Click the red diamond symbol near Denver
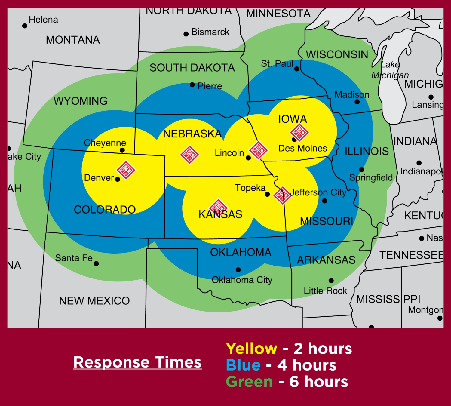tap(126, 170)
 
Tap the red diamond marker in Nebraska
tap(189, 155)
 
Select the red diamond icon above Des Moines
tap(299, 132)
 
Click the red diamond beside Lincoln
tap(258, 150)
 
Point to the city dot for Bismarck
tap(186, 34)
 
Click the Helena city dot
tap(25, 26)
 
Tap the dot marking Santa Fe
tap(96, 264)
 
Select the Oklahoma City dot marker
tap(238, 270)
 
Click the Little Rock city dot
tap(331, 281)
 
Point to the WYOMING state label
tap(81, 101)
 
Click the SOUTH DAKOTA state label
tap(192, 68)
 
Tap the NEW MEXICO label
tap(94, 300)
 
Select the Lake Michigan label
tap(390, 70)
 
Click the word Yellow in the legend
tap(251, 349)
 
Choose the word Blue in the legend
tap(243, 365)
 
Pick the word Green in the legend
tap(249, 382)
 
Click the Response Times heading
tap(137, 362)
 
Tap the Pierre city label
tap(210, 86)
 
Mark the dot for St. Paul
tap(297, 69)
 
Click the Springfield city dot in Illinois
tap(362, 170)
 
